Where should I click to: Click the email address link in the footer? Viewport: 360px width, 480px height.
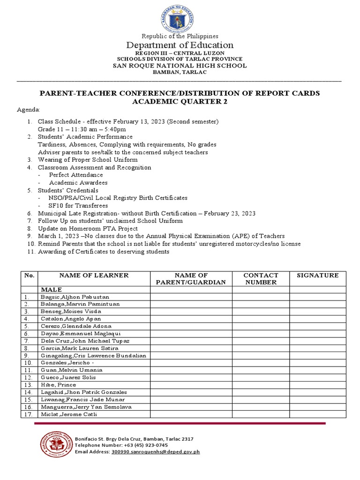pos(156,452)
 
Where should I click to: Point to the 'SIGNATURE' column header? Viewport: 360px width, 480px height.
pos(317,276)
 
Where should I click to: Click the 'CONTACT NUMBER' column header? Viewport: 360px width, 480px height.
pos(261,279)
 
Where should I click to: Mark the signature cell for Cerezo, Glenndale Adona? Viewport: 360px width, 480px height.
pos(317,326)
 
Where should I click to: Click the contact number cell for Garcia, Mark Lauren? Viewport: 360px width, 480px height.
pos(261,348)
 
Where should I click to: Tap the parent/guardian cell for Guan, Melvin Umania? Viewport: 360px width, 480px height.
pos(191,370)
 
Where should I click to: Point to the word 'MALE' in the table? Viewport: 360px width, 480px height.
pos(52,290)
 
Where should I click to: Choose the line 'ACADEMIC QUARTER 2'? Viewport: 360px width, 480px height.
pos(180,102)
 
